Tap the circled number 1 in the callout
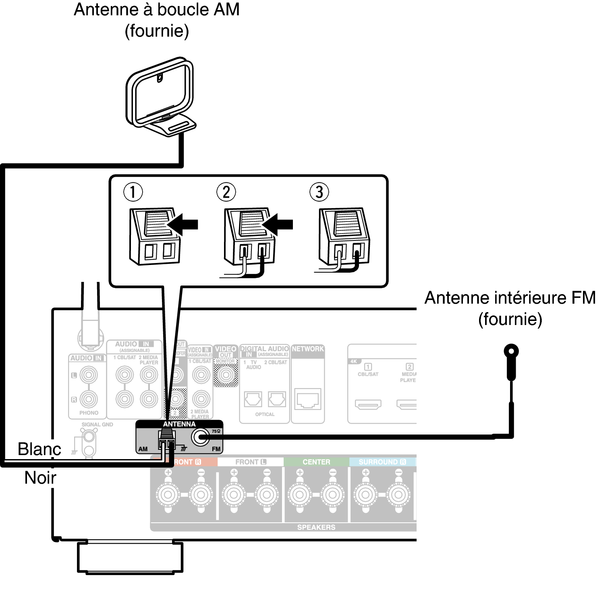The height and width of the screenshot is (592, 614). coord(133,192)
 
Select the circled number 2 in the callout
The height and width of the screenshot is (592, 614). coord(226,192)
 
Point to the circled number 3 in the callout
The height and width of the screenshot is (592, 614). coord(319,192)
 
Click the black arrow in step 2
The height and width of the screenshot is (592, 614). coord(278,224)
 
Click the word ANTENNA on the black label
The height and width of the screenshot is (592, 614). coord(179,424)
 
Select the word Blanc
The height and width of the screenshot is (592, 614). coord(39,449)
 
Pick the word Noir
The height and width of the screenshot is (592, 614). coord(40,478)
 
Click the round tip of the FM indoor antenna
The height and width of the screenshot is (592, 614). coord(511,351)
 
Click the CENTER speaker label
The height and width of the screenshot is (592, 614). coord(316,462)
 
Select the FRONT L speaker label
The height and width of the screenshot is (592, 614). coord(251,462)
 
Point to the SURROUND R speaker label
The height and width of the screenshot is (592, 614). coord(382,462)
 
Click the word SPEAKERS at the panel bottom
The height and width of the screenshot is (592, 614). coord(316,527)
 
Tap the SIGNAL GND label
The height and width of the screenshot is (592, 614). coord(97,424)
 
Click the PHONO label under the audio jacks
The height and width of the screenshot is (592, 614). coord(89,413)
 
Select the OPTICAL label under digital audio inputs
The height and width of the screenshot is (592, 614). coord(265,414)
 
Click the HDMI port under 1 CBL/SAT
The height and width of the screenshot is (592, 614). coord(368,404)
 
